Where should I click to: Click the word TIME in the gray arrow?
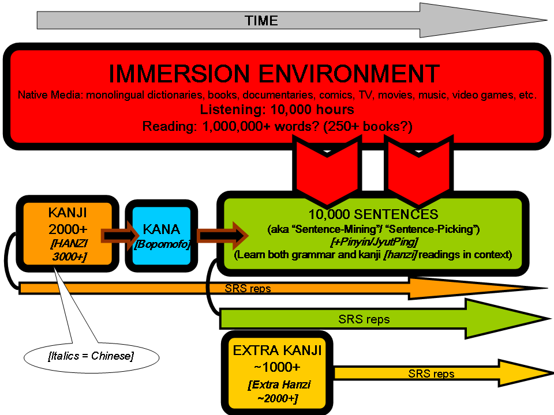click(261, 21)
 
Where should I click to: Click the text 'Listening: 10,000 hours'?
click(277, 110)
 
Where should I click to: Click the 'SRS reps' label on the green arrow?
click(364, 319)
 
